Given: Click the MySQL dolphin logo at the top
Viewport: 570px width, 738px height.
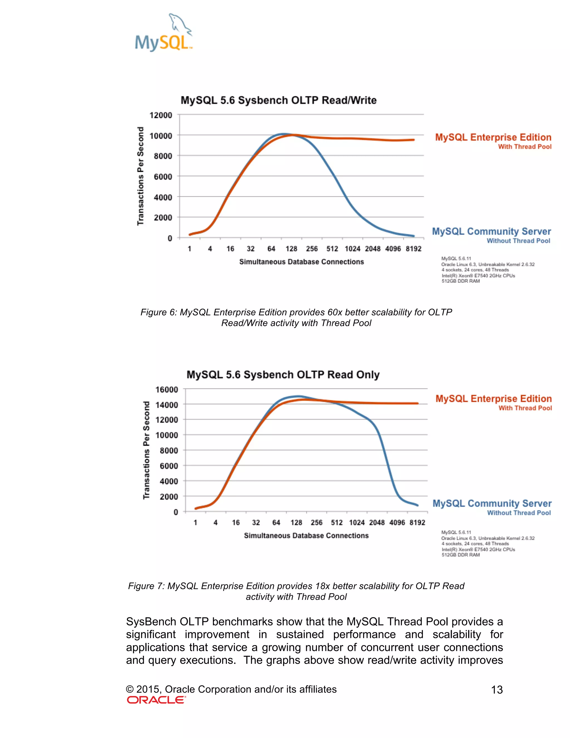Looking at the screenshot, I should tap(164, 33).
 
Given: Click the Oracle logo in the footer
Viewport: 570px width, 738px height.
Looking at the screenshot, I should tap(156, 700).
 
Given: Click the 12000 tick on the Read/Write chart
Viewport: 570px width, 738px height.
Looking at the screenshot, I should tap(161, 115).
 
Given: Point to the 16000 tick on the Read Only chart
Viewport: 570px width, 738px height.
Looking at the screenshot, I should tap(166, 390).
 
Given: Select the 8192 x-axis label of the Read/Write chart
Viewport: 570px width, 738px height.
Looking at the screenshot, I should tap(413, 249).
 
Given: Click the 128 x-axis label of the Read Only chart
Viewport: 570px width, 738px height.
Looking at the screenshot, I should tap(296, 523).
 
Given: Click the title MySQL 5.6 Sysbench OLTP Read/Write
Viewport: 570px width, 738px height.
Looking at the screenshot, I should tap(279, 100).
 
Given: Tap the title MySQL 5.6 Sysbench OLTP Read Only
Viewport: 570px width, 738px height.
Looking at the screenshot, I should tap(283, 375).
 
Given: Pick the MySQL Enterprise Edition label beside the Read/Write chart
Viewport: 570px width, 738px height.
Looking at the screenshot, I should tap(493, 137).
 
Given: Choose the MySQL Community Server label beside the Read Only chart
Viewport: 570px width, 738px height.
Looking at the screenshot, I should tap(492, 504).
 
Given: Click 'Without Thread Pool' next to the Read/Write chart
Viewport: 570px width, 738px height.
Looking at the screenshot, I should tap(518, 241).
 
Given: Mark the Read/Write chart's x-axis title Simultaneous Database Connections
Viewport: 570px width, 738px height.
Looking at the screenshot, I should tap(301, 262).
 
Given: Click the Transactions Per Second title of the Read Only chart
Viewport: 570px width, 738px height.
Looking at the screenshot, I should tap(146, 450).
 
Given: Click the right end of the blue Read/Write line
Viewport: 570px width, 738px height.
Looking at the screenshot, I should tap(413, 236).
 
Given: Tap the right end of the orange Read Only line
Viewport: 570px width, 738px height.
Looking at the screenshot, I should tap(418, 403).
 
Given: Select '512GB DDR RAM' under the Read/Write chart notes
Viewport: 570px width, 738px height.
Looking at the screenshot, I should tap(461, 281).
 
